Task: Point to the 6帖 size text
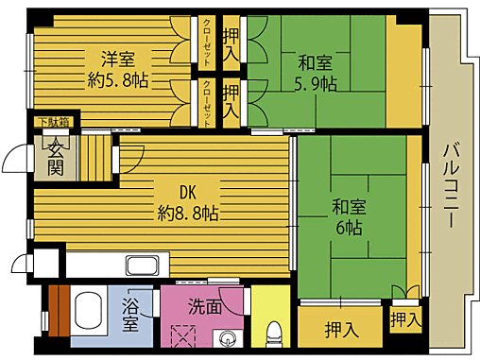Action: [347, 229]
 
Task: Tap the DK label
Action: [187, 189]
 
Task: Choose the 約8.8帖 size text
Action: [187, 213]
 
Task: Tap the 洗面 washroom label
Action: [204, 306]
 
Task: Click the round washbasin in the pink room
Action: [227, 339]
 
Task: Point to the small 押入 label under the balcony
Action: [405, 318]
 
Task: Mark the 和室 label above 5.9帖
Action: [317, 63]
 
